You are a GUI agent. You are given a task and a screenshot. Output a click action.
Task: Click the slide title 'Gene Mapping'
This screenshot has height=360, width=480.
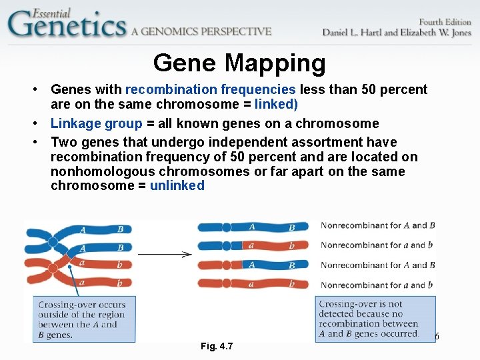(239, 63)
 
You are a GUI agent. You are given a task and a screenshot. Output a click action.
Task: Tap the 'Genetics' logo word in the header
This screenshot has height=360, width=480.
(67, 25)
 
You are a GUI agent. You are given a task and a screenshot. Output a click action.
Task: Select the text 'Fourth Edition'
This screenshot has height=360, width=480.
(444, 21)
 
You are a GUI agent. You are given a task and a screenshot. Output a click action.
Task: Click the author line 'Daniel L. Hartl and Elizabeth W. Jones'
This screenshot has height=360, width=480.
(396, 33)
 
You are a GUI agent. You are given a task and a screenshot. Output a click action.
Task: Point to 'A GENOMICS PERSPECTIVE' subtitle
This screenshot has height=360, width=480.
(201, 31)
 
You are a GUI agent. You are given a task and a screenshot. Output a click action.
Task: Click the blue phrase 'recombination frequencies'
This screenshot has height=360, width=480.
(211, 89)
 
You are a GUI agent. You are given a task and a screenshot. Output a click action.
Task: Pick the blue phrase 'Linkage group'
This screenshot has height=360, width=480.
(97, 123)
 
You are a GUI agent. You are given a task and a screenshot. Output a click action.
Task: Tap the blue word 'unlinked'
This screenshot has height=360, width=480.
(177, 185)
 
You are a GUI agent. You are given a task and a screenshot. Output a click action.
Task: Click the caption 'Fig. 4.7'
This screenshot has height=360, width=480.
(217, 346)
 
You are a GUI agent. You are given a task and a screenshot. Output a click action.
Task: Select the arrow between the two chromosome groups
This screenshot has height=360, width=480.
(165, 254)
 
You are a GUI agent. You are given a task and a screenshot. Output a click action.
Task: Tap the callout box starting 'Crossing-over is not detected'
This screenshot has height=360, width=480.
(369, 319)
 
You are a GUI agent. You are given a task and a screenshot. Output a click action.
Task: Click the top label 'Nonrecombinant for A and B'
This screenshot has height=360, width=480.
(377, 225)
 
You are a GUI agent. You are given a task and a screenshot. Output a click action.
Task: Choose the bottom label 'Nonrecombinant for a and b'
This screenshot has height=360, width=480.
(377, 285)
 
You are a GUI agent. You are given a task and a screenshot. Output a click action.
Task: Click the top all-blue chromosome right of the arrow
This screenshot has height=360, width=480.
(253, 227)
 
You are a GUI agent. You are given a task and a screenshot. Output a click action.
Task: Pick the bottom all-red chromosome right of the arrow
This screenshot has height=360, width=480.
(253, 284)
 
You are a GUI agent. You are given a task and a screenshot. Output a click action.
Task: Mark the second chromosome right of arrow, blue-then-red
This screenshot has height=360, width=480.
(253, 246)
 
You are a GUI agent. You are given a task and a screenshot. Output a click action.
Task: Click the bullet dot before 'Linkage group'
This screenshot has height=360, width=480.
(41, 124)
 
